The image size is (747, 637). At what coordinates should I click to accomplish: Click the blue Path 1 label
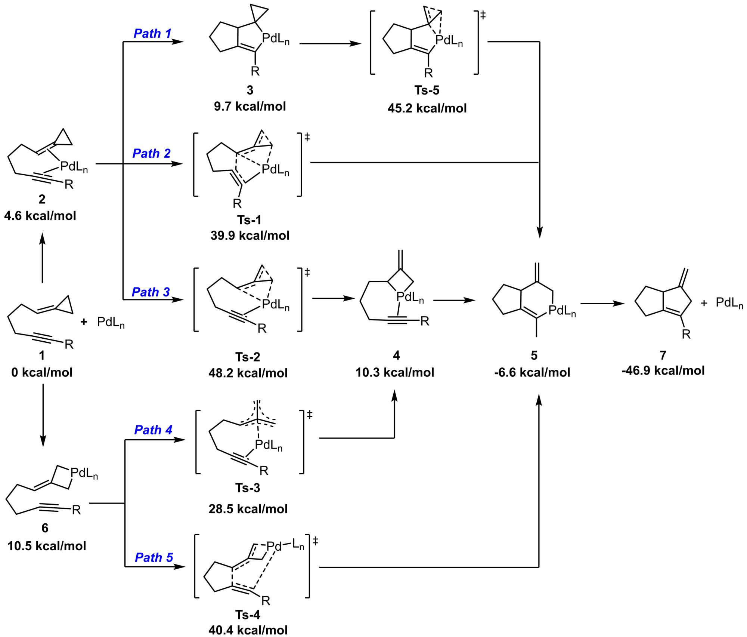(x=152, y=33)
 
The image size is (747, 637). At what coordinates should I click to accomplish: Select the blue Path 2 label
(x=152, y=153)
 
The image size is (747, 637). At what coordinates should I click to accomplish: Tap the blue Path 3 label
(x=151, y=292)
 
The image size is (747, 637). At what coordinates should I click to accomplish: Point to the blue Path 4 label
(x=153, y=430)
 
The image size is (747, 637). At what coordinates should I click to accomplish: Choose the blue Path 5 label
(x=154, y=557)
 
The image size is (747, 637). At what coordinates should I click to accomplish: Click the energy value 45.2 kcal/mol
(x=427, y=108)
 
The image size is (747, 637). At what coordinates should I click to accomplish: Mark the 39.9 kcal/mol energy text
(x=250, y=236)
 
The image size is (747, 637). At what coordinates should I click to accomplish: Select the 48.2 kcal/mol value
(x=248, y=373)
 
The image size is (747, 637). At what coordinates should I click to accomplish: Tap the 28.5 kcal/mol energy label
(x=248, y=509)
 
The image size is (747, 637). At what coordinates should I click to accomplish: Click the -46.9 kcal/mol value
(x=663, y=370)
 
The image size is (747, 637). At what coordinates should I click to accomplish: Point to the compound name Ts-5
(x=427, y=90)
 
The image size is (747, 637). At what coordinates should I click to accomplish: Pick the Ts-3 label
(x=248, y=488)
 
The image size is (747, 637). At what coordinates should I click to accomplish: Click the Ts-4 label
(x=248, y=615)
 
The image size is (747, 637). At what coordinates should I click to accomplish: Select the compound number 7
(x=663, y=355)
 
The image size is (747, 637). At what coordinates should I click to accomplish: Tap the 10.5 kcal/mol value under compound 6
(x=47, y=546)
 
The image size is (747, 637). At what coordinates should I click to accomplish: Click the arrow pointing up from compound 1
(x=42, y=258)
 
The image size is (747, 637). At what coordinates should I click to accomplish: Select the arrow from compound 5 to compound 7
(x=602, y=304)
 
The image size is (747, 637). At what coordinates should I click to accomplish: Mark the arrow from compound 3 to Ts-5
(x=330, y=44)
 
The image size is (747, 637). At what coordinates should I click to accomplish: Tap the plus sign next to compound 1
(x=84, y=321)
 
